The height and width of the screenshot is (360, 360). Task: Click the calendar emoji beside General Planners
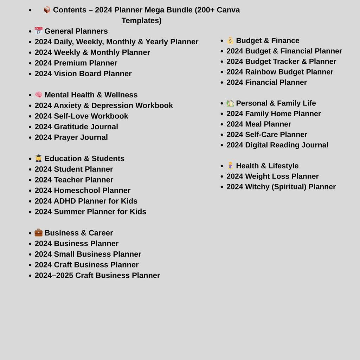(x=38, y=31)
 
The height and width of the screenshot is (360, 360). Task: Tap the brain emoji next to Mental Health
(x=38, y=95)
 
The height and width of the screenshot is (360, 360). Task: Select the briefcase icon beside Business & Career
(x=38, y=232)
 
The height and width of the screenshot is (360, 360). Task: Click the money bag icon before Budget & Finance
(x=230, y=40)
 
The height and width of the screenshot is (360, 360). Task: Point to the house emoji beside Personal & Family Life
(x=230, y=103)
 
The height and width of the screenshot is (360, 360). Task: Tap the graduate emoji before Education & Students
(x=38, y=158)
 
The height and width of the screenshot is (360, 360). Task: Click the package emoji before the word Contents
(x=47, y=9)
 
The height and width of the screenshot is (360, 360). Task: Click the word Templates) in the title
(x=141, y=20)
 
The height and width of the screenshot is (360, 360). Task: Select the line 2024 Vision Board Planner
(x=83, y=73)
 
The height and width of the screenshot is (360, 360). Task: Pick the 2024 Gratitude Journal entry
(x=76, y=127)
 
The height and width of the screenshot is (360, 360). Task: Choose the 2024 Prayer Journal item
(x=71, y=137)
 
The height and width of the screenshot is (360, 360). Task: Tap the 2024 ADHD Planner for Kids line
(x=86, y=201)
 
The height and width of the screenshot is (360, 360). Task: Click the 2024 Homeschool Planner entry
(x=82, y=191)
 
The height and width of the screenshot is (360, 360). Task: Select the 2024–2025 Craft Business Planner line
(x=97, y=275)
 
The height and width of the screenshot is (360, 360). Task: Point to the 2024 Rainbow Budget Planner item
(x=279, y=72)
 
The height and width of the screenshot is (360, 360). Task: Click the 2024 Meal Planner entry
(x=258, y=124)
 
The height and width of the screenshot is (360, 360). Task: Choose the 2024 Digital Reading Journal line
(x=277, y=145)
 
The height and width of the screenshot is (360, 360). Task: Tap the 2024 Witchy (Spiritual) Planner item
(x=281, y=187)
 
